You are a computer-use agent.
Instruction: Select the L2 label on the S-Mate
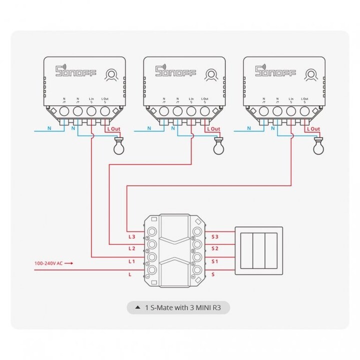pos(132,248)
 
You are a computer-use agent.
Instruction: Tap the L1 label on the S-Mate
pos(132,261)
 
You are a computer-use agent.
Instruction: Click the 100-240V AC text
pos(48,262)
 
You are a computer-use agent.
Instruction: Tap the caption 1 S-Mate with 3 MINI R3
pos(183,307)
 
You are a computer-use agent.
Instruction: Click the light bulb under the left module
pos(118,146)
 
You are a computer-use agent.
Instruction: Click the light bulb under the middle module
pos(217,146)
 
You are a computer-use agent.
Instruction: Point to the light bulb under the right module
pos(316,146)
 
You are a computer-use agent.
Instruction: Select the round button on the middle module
pos(211,74)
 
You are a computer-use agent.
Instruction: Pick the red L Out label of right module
pos(313,129)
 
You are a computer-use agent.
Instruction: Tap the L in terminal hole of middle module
pos(190,110)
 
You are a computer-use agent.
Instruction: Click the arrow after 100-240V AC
pos(69,262)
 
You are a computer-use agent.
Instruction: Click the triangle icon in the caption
pos(137,307)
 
